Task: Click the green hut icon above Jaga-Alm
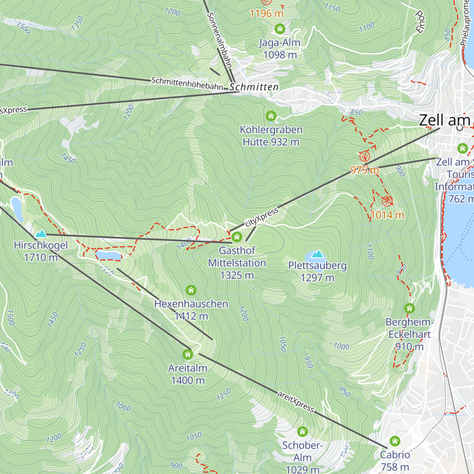[280, 29]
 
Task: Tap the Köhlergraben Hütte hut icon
[271, 116]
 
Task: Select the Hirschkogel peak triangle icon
[41, 234]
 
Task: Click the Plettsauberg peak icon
[317, 254]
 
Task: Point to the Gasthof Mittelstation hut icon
[237, 237]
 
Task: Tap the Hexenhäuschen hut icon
[191, 290]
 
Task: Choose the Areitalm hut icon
[188, 354]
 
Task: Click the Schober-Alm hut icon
[303, 431]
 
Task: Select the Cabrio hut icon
[395, 441]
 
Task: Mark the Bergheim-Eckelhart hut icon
[410, 308]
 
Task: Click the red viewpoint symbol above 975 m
[365, 156]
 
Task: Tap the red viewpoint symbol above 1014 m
[387, 201]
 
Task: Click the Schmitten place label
[254, 87]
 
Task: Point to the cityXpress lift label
[262, 217]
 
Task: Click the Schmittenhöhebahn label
[187, 83]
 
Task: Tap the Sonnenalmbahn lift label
[219, 39]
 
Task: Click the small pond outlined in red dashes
[109, 255]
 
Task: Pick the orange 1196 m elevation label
[267, 13]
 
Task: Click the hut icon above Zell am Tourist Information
[462, 149]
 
